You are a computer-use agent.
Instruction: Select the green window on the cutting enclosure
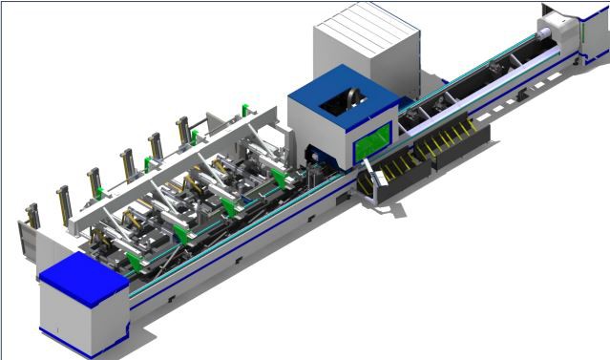[x=373, y=140]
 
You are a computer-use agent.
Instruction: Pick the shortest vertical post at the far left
[x=32, y=218]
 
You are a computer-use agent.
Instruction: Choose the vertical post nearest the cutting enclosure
[x=184, y=134]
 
